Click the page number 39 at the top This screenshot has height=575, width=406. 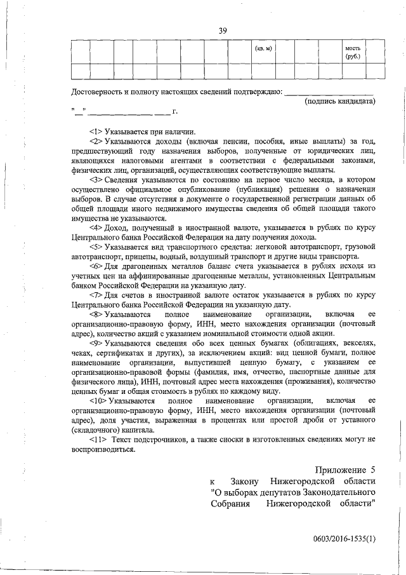click(x=223, y=30)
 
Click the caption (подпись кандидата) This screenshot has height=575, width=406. click(x=341, y=101)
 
